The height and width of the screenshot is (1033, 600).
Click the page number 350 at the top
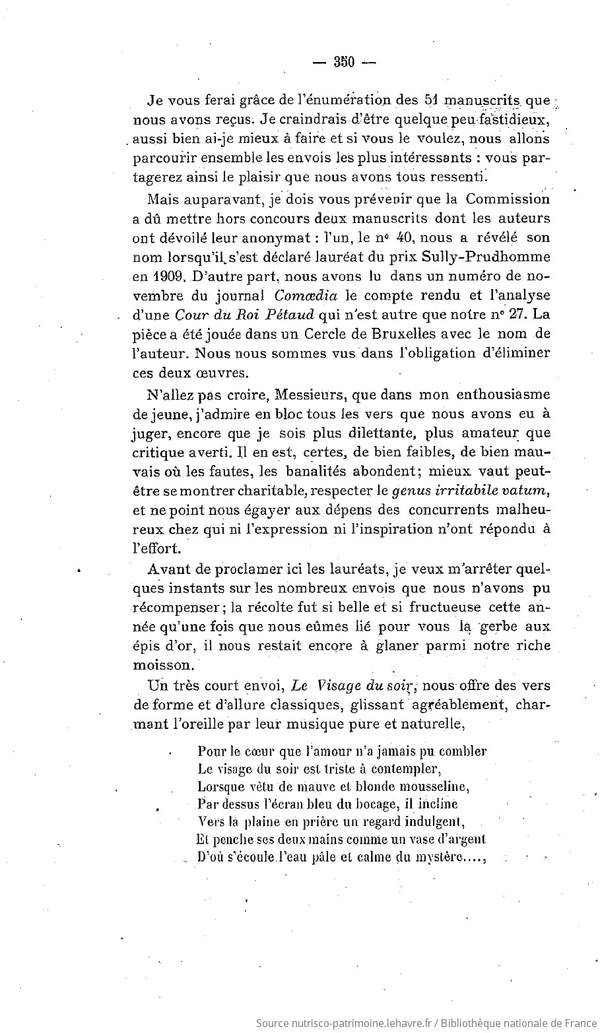pos(344,63)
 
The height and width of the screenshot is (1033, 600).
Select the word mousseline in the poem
pos(432,786)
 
